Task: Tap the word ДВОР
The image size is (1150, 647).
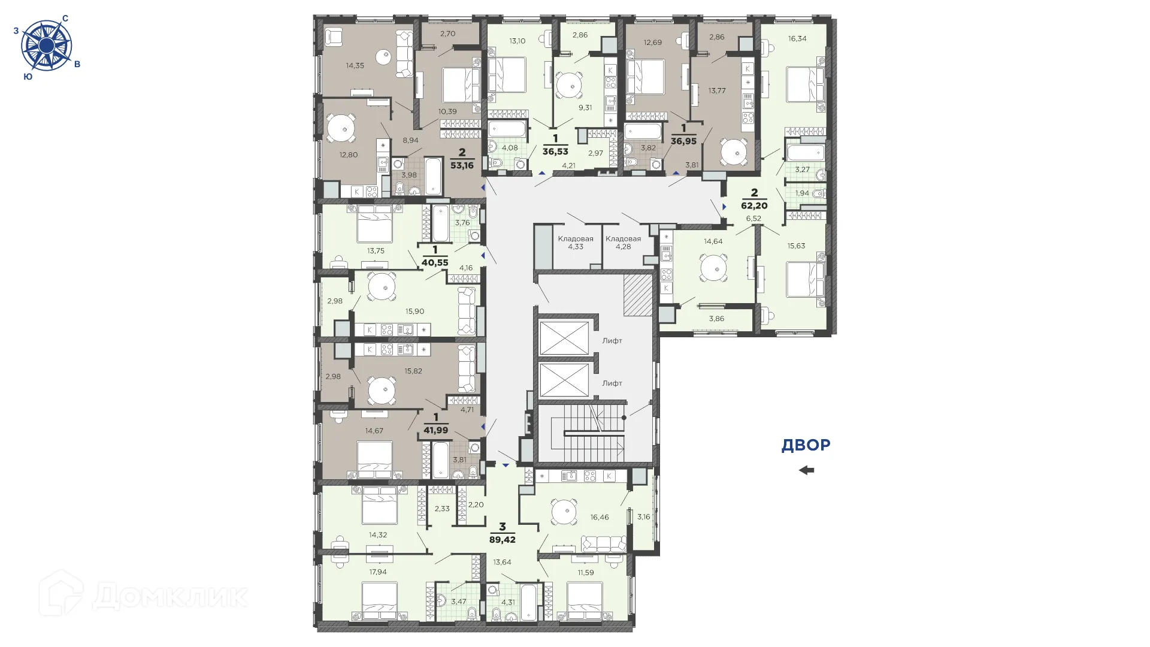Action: pyautogui.click(x=806, y=445)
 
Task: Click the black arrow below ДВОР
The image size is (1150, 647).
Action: pyautogui.click(x=806, y=470)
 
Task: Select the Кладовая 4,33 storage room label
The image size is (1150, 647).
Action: pyautogui.click(x=576, y=243)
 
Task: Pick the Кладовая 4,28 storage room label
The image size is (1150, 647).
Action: pyautogui.click(x=623, y=243)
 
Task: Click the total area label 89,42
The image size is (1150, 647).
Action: pyautogui.click(x=503, y=539)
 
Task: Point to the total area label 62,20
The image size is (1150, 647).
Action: pyautogui.click(x=754, y=205)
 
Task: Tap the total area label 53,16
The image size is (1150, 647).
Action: pyautogui.click(x=462, y=165)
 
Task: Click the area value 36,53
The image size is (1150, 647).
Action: pyautogui.click(x=555, y=152)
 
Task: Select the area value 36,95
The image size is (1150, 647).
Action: pyautogui.click(x=683, y=141)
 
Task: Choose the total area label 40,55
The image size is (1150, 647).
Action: pyautogui.click(x=435, y=261)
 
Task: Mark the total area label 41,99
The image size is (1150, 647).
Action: pyautogui.click(x=435, y=430)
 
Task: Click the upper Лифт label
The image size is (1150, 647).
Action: pyautogui.click(x=612, y=340)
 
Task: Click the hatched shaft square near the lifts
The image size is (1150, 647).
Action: pyautogui.click(x=637, y=295)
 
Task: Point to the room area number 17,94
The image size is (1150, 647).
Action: pyautogui.click(x=377, y=572)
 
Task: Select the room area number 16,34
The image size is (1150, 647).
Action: pyautogui.click(x=797, y=38)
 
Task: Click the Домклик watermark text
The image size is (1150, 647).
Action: pyautogui.click(x=169, y=595)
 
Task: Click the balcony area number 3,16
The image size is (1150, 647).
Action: pyautogui.click(x=643, y=516)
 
